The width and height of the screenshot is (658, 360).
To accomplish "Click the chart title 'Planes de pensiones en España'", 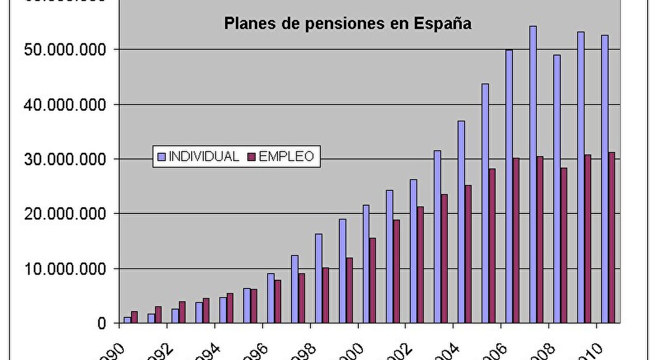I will [348, 24].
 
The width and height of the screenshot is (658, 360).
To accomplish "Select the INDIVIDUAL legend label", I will [204, 156].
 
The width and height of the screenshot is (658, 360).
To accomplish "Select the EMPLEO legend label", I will [286, 156].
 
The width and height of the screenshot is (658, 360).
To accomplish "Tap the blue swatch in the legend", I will [161, 156].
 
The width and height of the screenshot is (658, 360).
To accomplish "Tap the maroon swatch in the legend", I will [252, 156].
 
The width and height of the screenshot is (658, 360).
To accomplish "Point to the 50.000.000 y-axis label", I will [61, 50].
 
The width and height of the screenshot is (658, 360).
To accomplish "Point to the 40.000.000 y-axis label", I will [61, 105].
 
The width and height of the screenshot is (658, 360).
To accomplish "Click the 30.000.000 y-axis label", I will [61, 159].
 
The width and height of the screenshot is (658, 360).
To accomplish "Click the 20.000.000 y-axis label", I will [61, 214].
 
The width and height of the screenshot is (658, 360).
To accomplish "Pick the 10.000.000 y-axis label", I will [61, 269].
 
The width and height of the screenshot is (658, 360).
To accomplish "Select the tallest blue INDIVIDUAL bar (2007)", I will [533, 175].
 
